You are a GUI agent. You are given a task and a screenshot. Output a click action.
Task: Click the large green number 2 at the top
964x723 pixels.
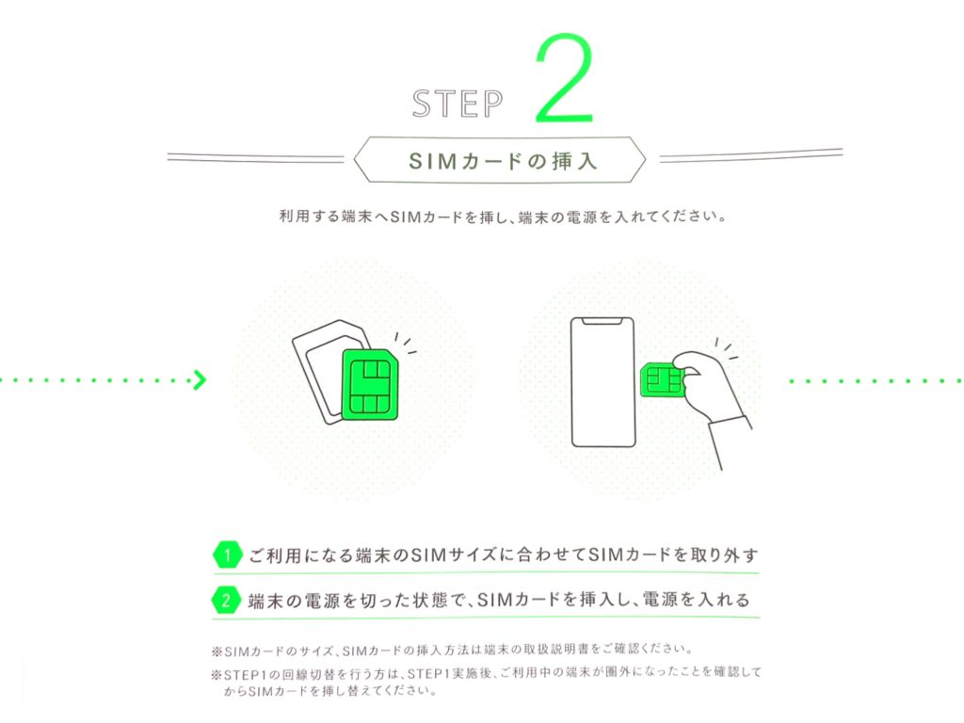pyautogui.click(x=565, y=79)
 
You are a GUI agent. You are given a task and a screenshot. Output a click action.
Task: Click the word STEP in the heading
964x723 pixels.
pyautogui.click(x=458, y=104)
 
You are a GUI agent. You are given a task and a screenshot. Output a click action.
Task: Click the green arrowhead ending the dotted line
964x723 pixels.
pyautogui.click(x=200, y=380)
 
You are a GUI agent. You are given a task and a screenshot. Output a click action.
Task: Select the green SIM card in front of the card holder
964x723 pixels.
pyautogui.click(x=369, y=385)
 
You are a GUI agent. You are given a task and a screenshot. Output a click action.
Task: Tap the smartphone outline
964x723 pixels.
pyautogui.click(x=602, y=382)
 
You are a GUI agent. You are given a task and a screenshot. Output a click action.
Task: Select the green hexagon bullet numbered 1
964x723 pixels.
pyautogui.click(x=227, y=555)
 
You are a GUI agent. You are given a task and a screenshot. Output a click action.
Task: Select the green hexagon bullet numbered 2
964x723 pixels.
pyautogui.click(x=226, y=600)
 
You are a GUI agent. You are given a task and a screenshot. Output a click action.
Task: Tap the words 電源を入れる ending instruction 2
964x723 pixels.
pyautogui.click(x=696, y=600)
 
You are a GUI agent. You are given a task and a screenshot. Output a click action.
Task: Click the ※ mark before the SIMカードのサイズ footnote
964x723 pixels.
pyautogui.click(x=217, y=651)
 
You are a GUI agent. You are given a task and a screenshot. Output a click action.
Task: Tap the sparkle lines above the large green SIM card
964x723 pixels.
pyautogui.click(x=406, y=343)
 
